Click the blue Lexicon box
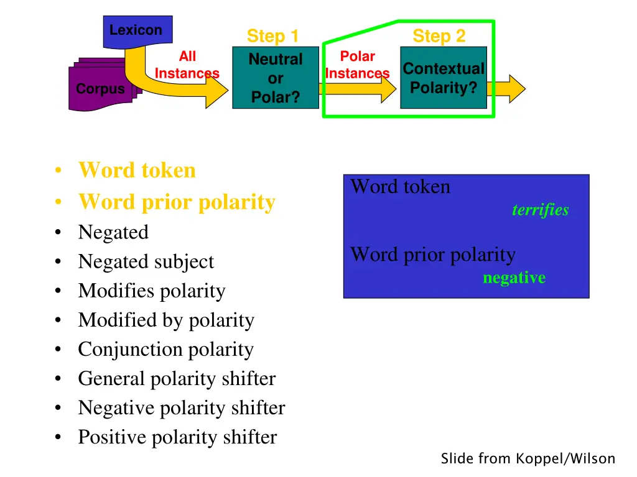point(137,31)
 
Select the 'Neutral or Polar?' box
point(276,78)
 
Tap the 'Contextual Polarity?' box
point(443,78)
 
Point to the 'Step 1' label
point(272,36)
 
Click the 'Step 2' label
point(439,36)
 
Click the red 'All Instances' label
point(187,65)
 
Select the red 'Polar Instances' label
point(357,65)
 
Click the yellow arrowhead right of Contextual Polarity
point(514,88)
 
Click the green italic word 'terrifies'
point(540,210)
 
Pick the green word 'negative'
point(514,278)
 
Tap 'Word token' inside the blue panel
point(400,187)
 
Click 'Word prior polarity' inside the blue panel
point(433,255)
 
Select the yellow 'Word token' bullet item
point(137,170)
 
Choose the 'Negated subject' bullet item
point(146,261)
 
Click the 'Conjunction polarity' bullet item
point(165,349)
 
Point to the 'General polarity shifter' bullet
point(177,378)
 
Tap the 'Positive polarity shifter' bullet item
point(177,437)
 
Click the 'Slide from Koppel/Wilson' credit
point(528,459)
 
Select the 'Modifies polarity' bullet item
point(151,291)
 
